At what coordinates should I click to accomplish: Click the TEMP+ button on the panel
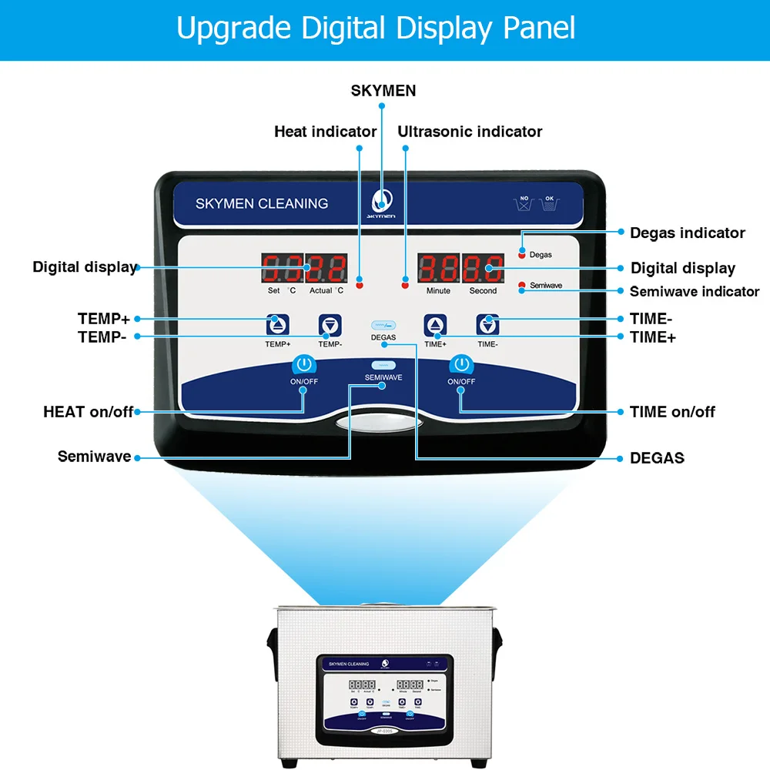coord(278,324)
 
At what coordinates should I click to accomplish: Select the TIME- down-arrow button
coord(487,324)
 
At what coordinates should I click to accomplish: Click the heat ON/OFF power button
coord(303,364)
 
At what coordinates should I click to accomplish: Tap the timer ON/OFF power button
coord(461,364)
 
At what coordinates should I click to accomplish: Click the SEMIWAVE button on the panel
coord(383,366)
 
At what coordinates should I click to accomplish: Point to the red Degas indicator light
coord(522,254)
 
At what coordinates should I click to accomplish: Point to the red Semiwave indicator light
coord(522,286)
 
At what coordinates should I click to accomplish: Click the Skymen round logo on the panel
coord(383,201)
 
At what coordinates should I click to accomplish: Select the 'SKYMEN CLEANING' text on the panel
coord(262,204)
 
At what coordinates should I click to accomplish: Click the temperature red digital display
coord(304,269)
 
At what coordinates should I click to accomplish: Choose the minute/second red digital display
coord(460,269)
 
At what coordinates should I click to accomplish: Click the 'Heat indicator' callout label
coord(325,132)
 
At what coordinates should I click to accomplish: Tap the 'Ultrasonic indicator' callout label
coord(470,132)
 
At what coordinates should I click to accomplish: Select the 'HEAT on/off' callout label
coord(88,412)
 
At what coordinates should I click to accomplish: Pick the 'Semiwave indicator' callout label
coord(695,291)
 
